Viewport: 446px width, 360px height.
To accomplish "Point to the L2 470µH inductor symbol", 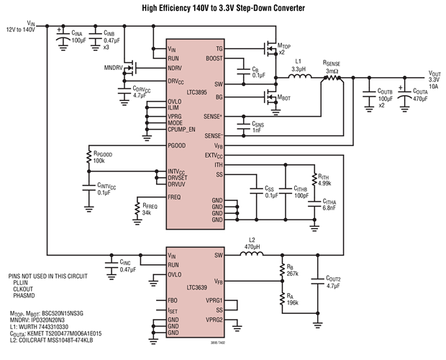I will click(x=251, y=255).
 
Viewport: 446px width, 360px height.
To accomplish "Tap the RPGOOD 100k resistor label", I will click(x=103, y=156).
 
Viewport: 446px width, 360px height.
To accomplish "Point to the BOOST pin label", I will click(x=214, y=58).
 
